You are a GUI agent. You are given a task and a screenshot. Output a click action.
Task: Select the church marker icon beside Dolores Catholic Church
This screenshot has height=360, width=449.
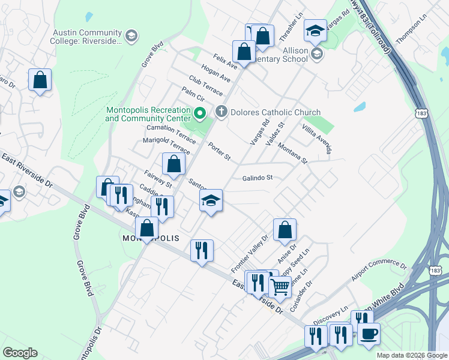pos(221,112)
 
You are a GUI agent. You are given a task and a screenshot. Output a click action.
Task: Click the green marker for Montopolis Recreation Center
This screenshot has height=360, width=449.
pos(200,112)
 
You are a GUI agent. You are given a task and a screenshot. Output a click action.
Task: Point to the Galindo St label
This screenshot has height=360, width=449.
pos(258,178)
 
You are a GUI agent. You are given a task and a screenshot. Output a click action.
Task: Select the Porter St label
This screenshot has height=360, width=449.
pos(219,151)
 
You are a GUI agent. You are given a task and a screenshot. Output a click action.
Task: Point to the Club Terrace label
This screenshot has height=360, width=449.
pos(205,86)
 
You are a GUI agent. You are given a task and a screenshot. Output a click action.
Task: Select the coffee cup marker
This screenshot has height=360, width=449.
pos(369,333)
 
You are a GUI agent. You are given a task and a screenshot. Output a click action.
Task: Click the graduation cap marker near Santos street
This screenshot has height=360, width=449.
pos(211,200)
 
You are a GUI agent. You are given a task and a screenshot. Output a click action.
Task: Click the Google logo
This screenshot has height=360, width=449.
pos(20,353)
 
